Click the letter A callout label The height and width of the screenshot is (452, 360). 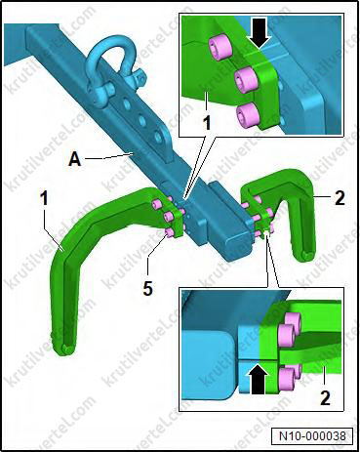pyautogui.click(x=74, y=159)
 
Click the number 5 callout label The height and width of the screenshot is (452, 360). pyautogui.click(x=148, y=288)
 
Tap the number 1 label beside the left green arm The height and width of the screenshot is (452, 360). pyautogui.click(x=44, y=198)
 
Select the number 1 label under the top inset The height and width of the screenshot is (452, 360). pyautogui.click(x=207, y=123)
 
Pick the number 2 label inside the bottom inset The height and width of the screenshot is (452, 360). pyautogui.click(x=325, y=397)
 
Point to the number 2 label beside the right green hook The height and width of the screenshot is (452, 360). pyautogui.click(x=340, y=198)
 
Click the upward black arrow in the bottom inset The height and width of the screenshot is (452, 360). pyautogui.click(x=260, y=379)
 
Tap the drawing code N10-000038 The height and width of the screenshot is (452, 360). pyautogui.click(x=312, y=435)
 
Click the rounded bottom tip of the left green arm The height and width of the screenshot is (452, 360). pyautogui.click(x=67, y=349)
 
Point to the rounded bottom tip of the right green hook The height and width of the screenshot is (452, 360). pyautogui.click(x=306, y=255)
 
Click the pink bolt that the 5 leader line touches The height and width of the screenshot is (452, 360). pyautogui.click(x=169, y=231)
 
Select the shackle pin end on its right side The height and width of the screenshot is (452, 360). pyautogui.click(x=139, y=77)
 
